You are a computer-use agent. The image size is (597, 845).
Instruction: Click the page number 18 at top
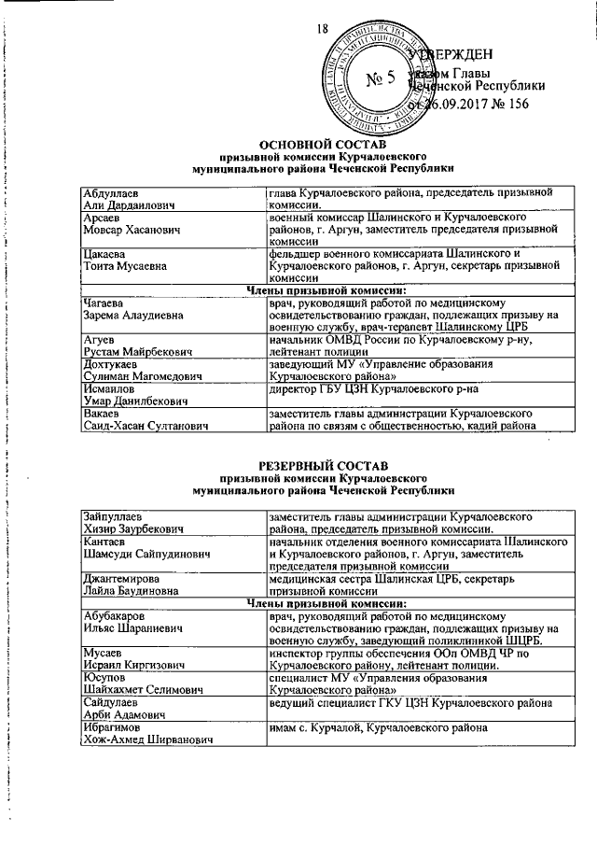324,31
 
